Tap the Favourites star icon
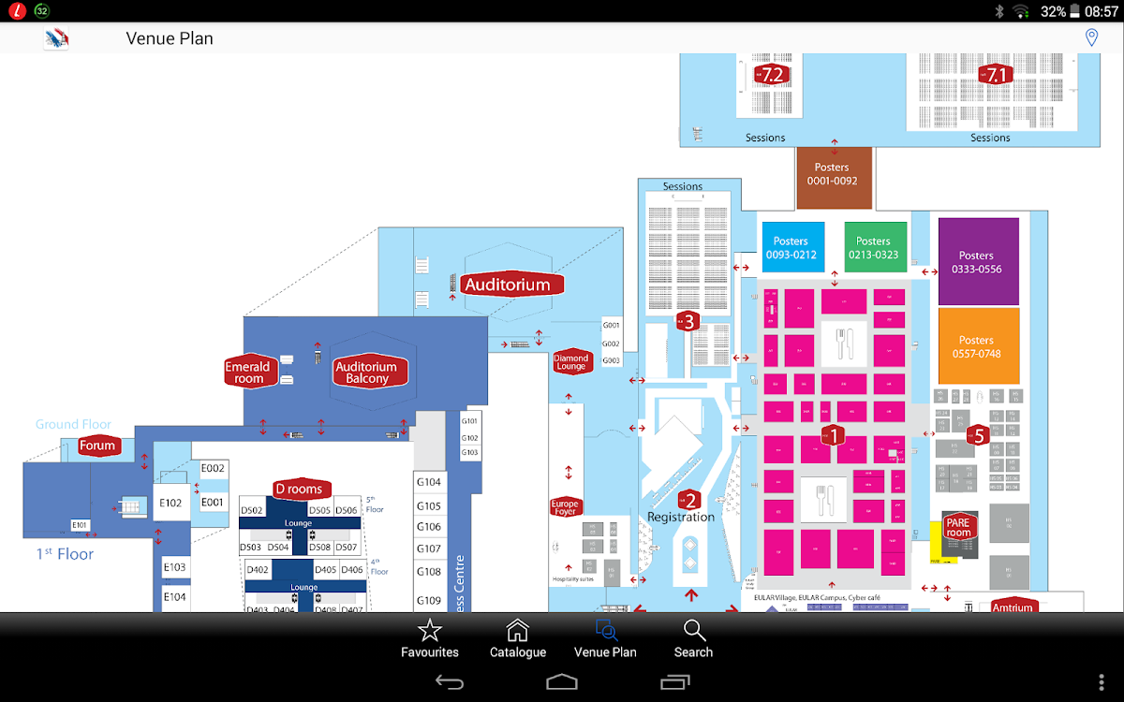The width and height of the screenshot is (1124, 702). click(429, 631)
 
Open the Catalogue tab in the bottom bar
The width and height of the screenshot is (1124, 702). click(517, 631)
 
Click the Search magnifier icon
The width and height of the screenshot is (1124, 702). click(693, 631)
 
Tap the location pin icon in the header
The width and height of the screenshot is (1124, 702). click(1091, 37)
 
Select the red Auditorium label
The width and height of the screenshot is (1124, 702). click(512, 285)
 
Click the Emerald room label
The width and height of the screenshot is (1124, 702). click(248, 373)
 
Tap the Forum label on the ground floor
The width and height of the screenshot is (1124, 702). click(97, 446)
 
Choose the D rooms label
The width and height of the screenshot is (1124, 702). click(299, 489)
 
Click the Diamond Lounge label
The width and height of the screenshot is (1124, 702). click(571, 362)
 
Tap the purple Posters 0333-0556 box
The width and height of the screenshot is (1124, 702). click(978, 261)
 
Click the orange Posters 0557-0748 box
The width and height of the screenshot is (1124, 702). click(978, 345)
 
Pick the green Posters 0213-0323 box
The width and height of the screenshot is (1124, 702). click(875, 247)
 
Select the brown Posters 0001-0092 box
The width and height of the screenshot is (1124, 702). click(834, 176)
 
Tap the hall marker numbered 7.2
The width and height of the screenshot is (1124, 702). click(771, 75)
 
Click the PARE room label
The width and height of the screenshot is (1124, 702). click(958, 527)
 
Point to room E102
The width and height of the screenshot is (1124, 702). click(170, 503)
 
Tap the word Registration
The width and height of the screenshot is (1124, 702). click(681, 517)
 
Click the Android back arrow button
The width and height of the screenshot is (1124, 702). click(450, 681)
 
